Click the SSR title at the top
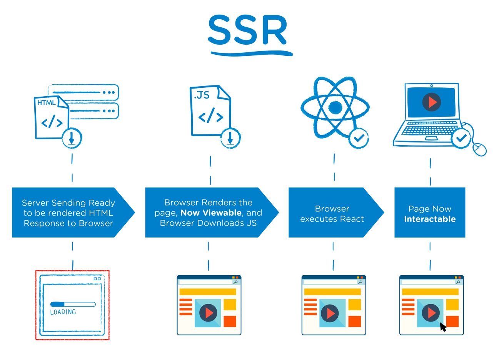point(248,30)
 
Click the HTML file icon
point(52,117)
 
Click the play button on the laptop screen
point(431,102)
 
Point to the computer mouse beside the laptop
point(479,149)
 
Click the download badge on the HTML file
point(72,138)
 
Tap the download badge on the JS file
point(230,138)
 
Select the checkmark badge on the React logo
point(359,138)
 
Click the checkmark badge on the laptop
point(461,138)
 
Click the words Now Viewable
point(211,213)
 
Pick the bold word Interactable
point(430,219)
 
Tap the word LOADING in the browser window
point(63,312)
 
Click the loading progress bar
point(73,304)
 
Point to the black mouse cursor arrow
point(443,327)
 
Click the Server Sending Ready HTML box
point(68,213)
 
